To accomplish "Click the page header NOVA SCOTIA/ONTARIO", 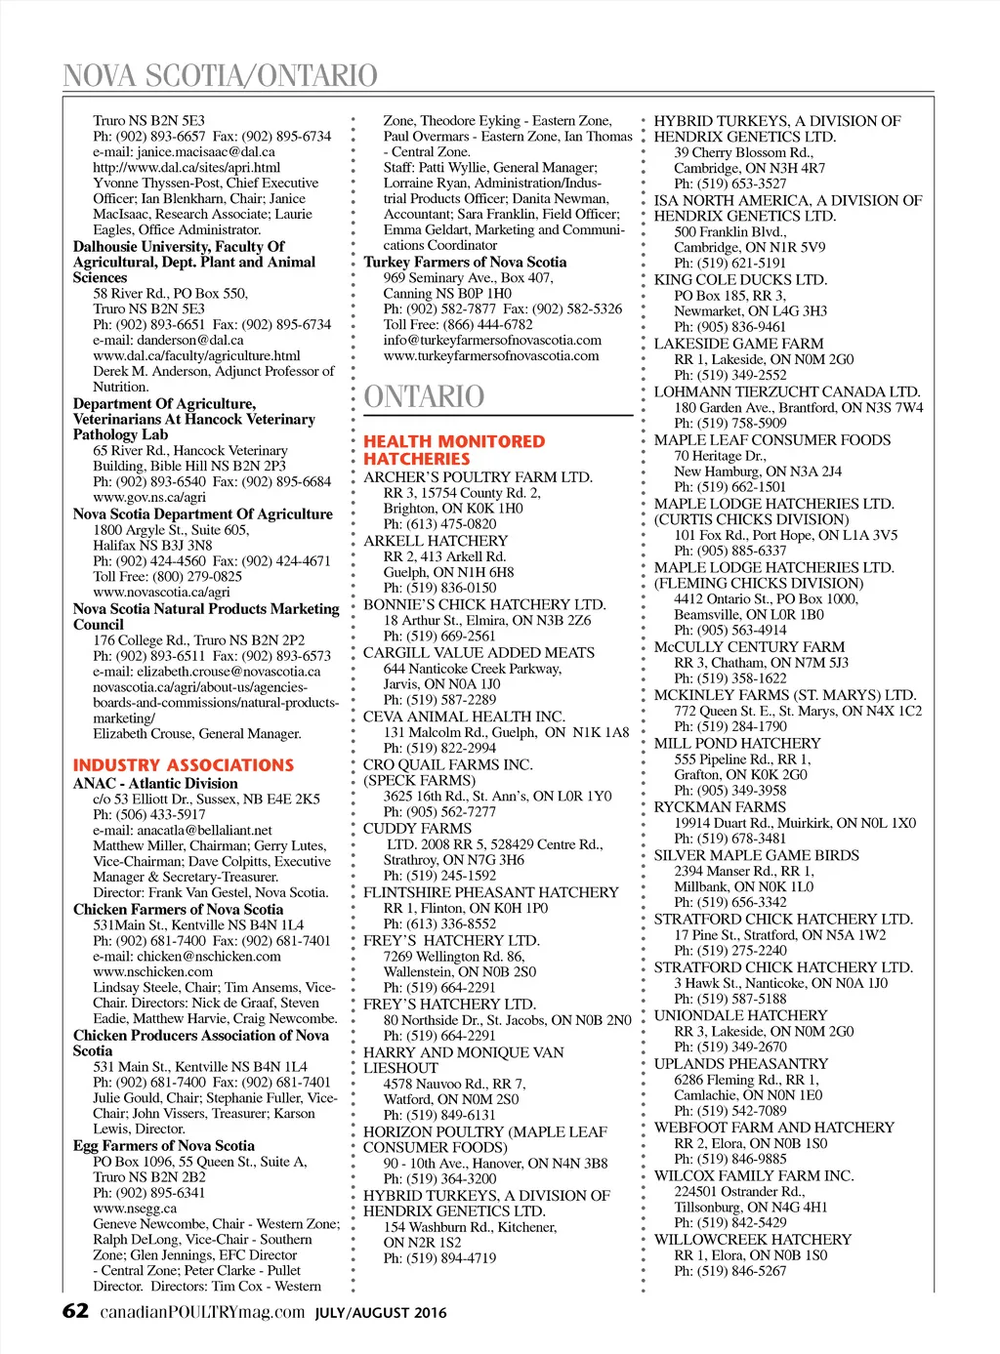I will point(220,75).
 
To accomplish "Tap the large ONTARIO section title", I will point(424,396).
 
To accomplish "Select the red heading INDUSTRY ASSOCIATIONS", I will point(183,765).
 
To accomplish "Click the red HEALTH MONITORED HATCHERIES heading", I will point(454,450).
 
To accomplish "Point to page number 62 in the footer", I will point(75,1311).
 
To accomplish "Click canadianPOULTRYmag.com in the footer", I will point(203,1312).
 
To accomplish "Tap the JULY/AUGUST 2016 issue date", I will point(381,1313).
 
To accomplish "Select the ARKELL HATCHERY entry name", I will point(436,541).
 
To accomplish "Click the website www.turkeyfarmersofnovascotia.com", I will point(491,356).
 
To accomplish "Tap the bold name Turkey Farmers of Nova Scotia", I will point(465,262).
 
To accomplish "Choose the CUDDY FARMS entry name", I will point(417,829).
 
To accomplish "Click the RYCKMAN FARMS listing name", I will point(720,807).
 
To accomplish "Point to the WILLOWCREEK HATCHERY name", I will point(752,1240).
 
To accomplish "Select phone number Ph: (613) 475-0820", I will point(439,524).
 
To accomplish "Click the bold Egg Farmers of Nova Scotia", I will point(163,1146).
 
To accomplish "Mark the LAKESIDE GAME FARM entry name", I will point(738,344).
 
